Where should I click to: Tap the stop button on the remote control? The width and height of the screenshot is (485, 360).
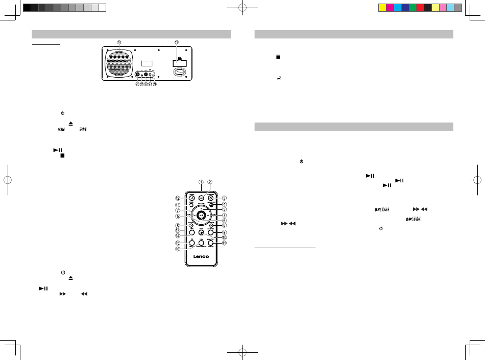tap(201, 231)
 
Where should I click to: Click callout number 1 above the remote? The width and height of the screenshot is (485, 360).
tap(201, 181)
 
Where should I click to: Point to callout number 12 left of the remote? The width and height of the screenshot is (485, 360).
tap(178, 198)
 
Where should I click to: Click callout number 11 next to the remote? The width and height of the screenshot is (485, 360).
tap(223, 243)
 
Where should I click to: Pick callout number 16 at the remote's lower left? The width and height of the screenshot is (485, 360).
tap(178, 250)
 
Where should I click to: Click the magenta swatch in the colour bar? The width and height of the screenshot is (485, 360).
tap(390, 8)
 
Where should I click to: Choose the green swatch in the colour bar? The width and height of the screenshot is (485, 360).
tap(412, 8)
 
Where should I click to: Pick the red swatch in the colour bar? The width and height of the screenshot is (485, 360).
tap(420, 8)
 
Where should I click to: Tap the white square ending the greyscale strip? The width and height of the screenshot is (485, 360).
tap(102, 8)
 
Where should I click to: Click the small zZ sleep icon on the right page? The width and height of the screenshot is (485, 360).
tap(279, 78)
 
